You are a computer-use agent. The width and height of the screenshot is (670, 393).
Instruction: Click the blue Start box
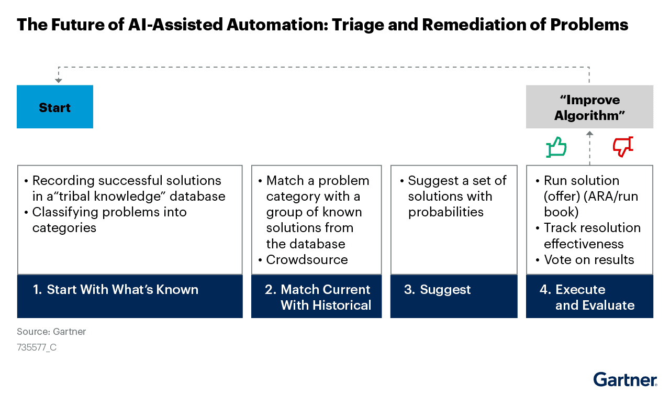coord(55,107)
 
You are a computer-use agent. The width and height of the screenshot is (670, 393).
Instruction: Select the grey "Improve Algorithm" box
coord(589,107)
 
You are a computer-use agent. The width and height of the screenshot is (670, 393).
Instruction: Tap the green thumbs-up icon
coord(556,147)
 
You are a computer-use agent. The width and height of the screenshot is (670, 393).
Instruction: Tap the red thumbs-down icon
coord(623,147)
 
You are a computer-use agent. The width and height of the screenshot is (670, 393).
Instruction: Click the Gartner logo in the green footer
coord(625,379)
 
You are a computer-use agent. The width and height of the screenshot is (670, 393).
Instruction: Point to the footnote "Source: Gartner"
coord(51,332)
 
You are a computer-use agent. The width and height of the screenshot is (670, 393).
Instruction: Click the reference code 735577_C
coord(37,347)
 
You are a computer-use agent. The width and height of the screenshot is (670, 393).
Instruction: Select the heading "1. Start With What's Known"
coord(116,290)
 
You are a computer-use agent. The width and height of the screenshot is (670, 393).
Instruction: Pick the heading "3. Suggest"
coord(438,290)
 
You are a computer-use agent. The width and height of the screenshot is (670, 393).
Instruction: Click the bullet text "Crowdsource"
coord(307,259)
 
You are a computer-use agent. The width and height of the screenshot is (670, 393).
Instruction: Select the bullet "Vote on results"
coord(589,259)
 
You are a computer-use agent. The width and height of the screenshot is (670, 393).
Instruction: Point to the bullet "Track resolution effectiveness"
coord(591,236)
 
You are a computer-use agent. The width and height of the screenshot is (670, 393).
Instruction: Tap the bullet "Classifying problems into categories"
coord(109,220)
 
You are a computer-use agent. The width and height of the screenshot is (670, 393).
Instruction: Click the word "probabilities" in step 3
coord(446,212)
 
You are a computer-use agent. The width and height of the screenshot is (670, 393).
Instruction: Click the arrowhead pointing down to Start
coord(59,81)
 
